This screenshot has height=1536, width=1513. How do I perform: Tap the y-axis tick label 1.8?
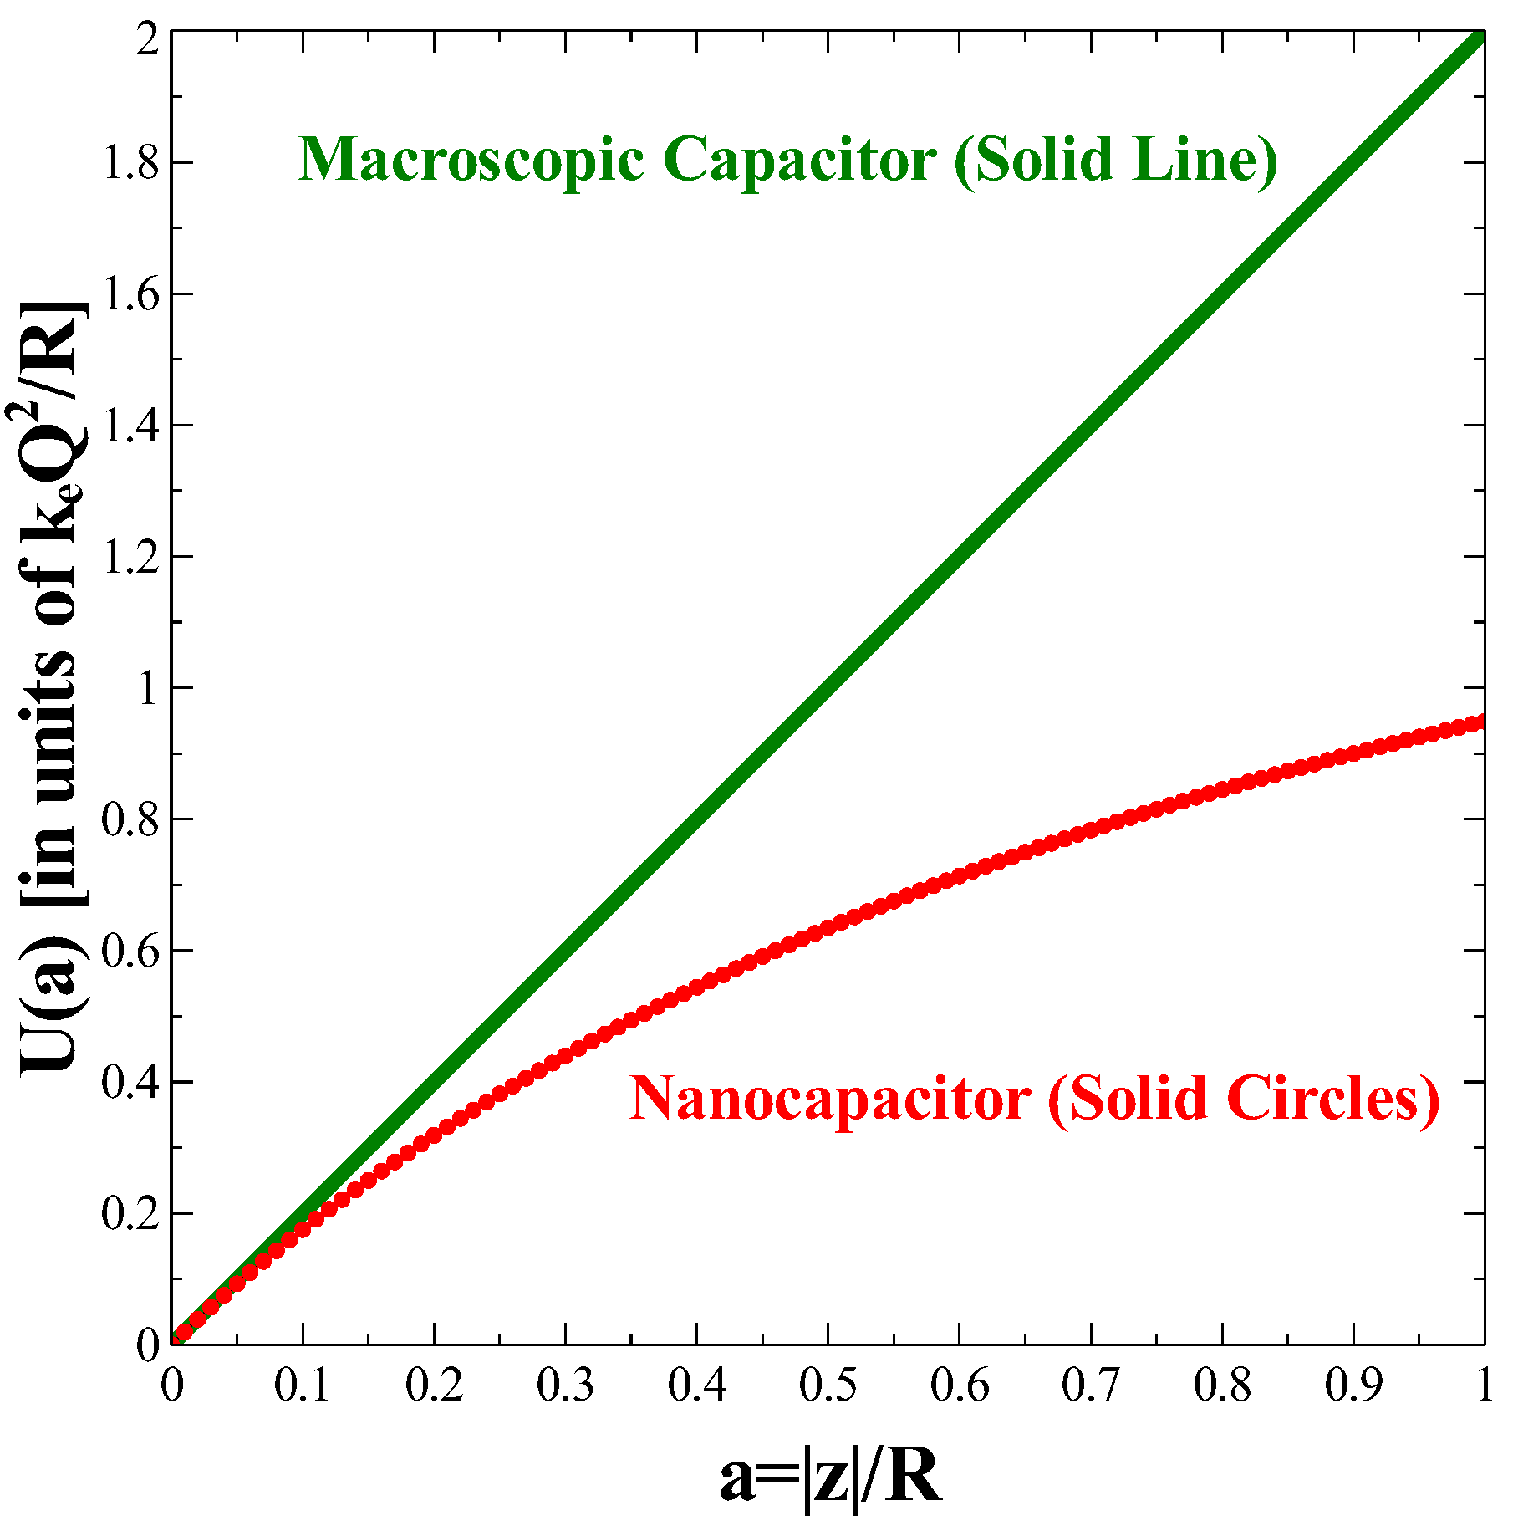[x=130, y=163]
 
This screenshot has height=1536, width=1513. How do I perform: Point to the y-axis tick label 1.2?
[x=130, y=557]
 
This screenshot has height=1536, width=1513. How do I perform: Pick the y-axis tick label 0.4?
[x=130, y=1082]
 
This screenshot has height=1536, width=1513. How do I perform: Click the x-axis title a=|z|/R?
[x=831, y=1477]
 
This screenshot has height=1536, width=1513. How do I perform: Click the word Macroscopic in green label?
[x=471, y=159]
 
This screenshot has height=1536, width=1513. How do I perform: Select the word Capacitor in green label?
[x=800, y=159]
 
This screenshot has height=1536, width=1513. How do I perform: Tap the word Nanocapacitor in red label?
[x=829, y=1097]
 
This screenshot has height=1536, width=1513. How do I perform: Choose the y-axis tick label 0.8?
[x=130, y=819]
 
